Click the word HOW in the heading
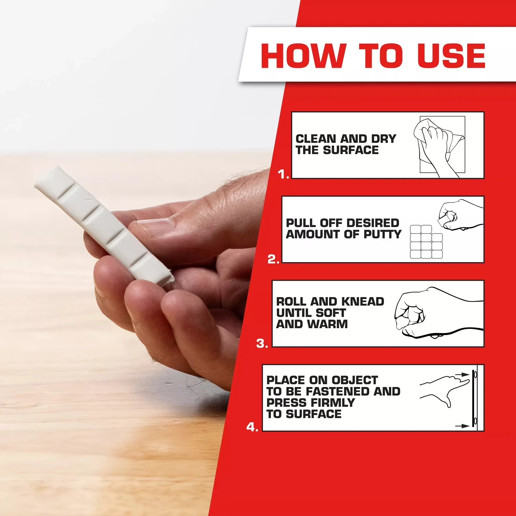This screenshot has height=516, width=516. (303, 56)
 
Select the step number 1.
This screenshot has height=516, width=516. (283, 174)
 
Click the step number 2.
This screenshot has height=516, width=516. (273, 259)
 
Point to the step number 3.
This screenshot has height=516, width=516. (262, 343)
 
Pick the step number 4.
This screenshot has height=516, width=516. (252, 427)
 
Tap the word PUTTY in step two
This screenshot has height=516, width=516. (383, 234)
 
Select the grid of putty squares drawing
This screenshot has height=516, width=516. (426, 241)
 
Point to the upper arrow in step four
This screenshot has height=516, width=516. (462, 374)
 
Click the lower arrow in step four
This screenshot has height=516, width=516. (462, 426)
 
